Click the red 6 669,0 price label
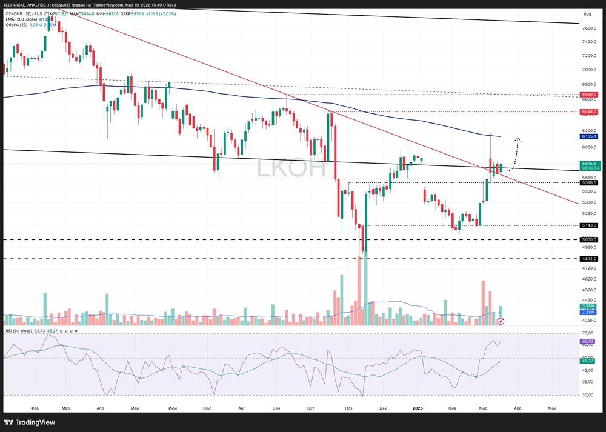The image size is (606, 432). click(x=589, y=95)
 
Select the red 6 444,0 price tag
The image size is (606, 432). click(x=589, y=112)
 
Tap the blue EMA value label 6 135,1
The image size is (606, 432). click(x=589, y=137)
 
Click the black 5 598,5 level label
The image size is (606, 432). click(x=589, y=182)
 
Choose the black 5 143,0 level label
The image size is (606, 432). click(x=589, y=225)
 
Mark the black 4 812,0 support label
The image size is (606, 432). click(x=589, y=259)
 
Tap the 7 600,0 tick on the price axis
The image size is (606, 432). click(x=589, y=28)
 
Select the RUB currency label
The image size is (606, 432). click(x=587, y=14)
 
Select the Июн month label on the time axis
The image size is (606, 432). click(x=173, y=408)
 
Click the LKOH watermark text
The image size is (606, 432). click(x=291, y=168)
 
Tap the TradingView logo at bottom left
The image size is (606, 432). click(x=30, y=422)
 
